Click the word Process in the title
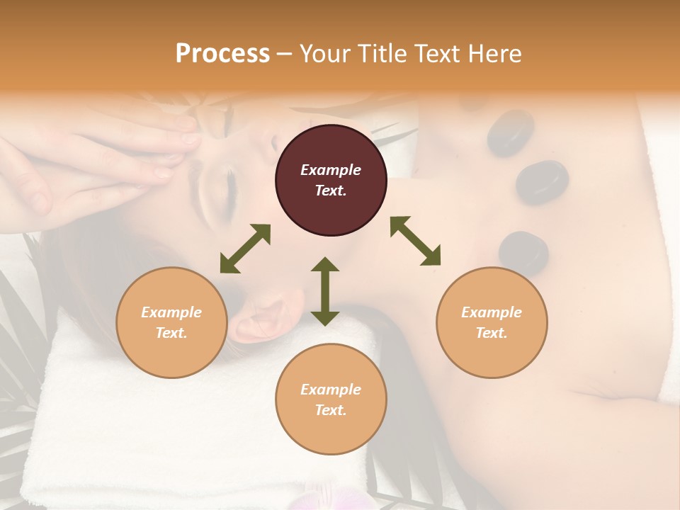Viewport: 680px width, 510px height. pyautogui.click(x=222, y=54)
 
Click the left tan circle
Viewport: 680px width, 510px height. pyautogui.click(x=171, y=322)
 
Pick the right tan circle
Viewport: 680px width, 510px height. pyautogui.click(x=492, y=322)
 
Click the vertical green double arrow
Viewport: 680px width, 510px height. pyautogui.click(x=325, y=291)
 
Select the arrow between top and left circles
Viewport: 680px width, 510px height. pyautogui.click(x=245, y=249)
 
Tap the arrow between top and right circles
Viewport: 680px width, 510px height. pyautogui.click(x=416, y=241)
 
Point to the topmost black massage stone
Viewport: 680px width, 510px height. pyautogui.click(x=510, y=132)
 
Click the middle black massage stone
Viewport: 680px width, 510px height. pyautogui.click(x=542, y=182)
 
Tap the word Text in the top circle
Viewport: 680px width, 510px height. pyautogui.click(x=331, y=191)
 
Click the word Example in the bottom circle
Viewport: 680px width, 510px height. pyautogui.click(x=331, y=389)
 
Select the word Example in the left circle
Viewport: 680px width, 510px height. pyautogui.click(x=171, y=312)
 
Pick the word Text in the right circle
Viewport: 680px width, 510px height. pyautogui.click(x=492, y=333)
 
